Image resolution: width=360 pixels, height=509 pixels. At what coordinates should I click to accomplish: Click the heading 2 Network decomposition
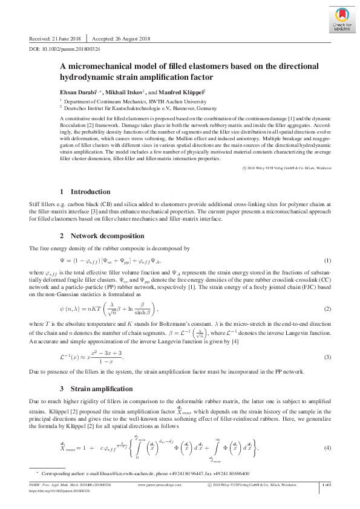pos(101,235)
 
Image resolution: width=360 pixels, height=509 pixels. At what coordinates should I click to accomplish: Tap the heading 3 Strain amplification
pos(96,387)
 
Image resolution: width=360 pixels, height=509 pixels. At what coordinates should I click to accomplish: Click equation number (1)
pos(327,261)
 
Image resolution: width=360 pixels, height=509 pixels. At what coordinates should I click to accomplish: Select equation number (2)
pos(327,310)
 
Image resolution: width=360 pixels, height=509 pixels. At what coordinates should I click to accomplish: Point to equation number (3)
pos(327,357)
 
